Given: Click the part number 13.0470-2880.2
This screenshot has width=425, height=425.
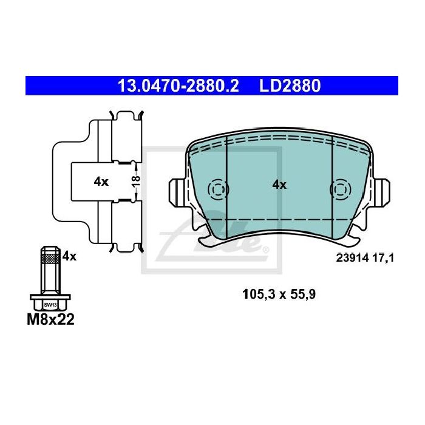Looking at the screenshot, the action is [178, 86].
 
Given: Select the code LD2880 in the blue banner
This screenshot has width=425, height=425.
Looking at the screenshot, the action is [290, 86].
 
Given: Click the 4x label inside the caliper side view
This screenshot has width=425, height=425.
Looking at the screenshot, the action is [101, 182].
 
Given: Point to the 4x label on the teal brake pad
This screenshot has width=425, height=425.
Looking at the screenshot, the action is [279, 185].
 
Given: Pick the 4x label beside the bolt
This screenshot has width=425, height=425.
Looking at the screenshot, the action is [69, 256].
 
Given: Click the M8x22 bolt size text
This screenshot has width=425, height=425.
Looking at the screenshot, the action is [50, 319].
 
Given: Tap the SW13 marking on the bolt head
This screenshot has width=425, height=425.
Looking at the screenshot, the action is [50, 305].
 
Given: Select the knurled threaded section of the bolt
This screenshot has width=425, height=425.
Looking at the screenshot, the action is [50, 259].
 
